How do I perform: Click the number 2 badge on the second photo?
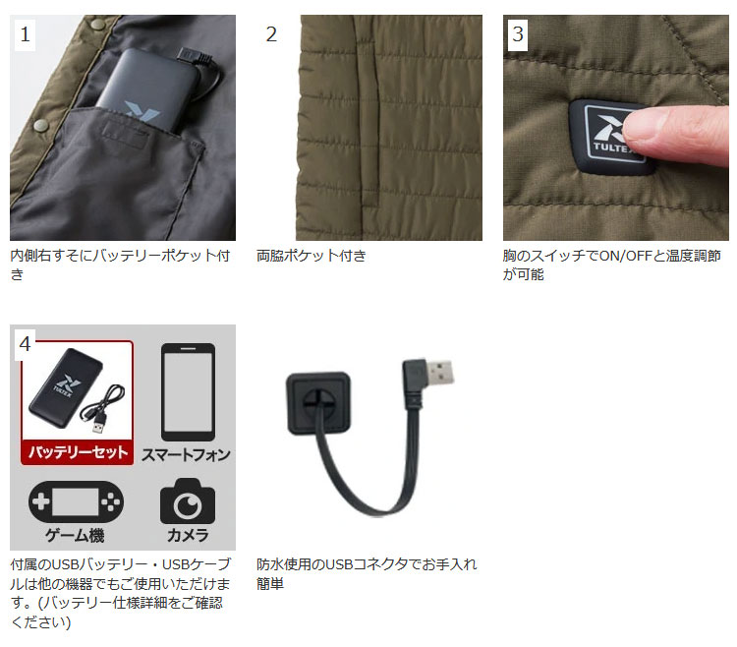click(x=272, y=34)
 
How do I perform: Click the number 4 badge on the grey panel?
click(x=26, y=343)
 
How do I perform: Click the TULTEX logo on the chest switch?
click(x=608, y=138)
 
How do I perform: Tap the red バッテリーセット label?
click(x=76, y=452)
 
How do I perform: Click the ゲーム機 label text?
click(x=76, y=536)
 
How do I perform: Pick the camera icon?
click(x=187, y=500)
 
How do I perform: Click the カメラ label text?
click(x=187, y=536)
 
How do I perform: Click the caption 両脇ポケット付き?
click(x=312, y=256)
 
